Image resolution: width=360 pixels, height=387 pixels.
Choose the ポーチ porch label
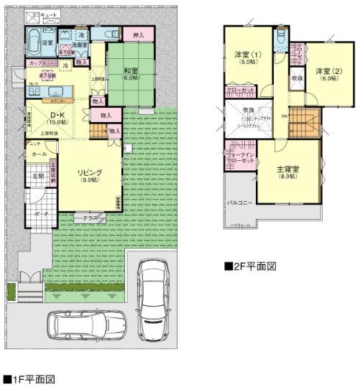(40, 213)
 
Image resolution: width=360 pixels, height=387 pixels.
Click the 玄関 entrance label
(37, 177)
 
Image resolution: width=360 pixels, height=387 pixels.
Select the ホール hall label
(39, 154)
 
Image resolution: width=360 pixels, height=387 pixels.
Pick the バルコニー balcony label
(239, 203)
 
